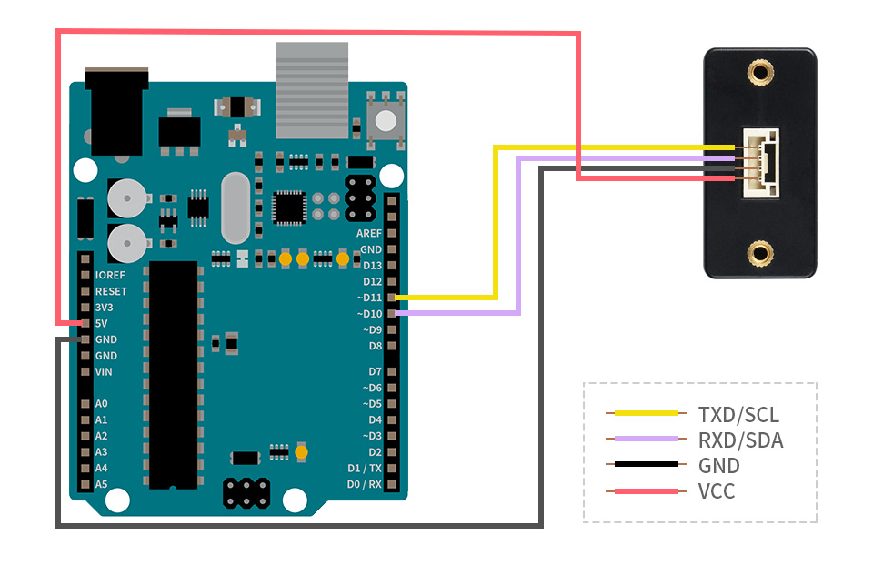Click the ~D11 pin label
pos(370,298)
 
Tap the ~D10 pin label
pos(370,314)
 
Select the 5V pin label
pos(102,323)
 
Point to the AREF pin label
pos(369,233)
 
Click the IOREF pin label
pos(110,275)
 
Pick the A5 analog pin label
pos(101,484)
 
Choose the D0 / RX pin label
pos(365,484)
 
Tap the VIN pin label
pos(104,371)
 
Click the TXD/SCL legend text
pos(738,415)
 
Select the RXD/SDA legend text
pos(740,440)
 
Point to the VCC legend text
pos(717,491)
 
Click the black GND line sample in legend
pos(646,465)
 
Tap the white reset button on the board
pos(386,119)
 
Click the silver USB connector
pos(312,89)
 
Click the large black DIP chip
pos(173,374)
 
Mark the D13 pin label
pos(372,266)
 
